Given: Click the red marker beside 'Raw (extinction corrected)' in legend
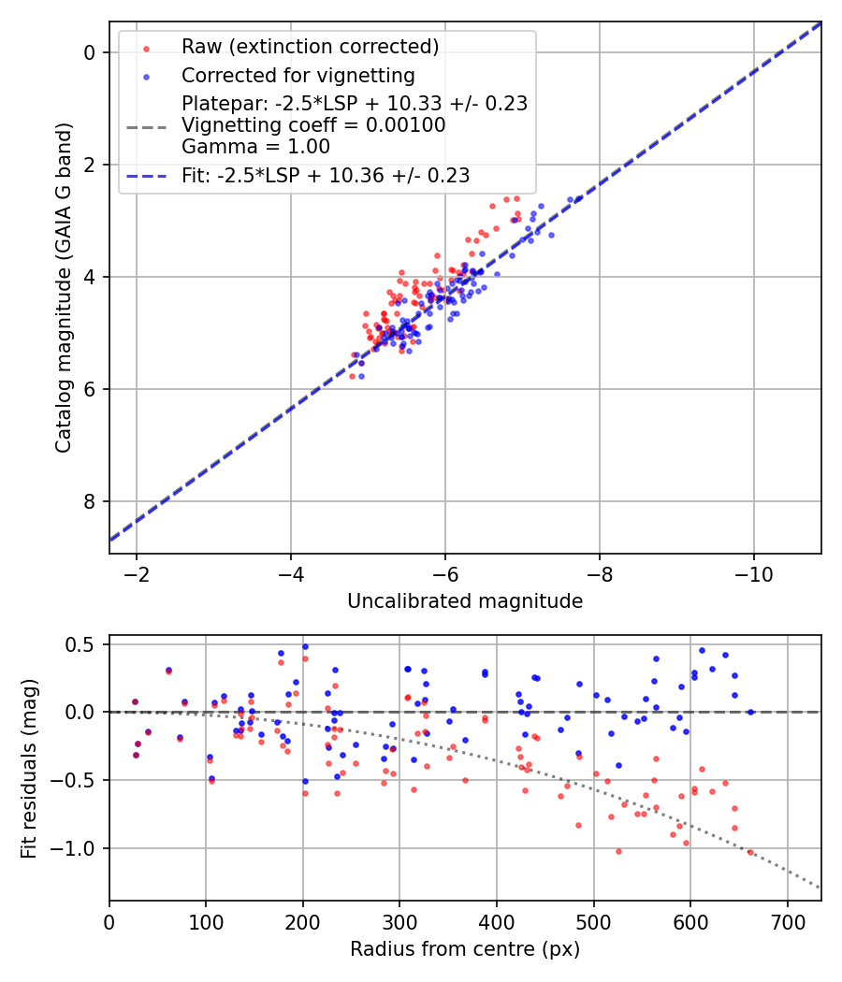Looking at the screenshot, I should [145, 47].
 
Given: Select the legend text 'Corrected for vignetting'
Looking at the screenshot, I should [298, 75].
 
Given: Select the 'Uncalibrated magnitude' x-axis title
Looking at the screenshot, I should [465, 601].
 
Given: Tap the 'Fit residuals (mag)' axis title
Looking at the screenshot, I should [29, 767].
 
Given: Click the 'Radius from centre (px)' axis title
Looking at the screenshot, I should [465, 949].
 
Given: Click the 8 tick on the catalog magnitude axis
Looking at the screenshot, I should [91, 501].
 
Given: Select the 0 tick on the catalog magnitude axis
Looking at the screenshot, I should [91, 52].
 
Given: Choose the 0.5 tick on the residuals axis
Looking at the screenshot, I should [82, 644].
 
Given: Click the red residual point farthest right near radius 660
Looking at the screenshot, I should [749, 852].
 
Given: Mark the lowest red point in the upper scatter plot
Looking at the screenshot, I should [352, 376].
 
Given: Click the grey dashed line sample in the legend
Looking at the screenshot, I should [145, 125].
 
